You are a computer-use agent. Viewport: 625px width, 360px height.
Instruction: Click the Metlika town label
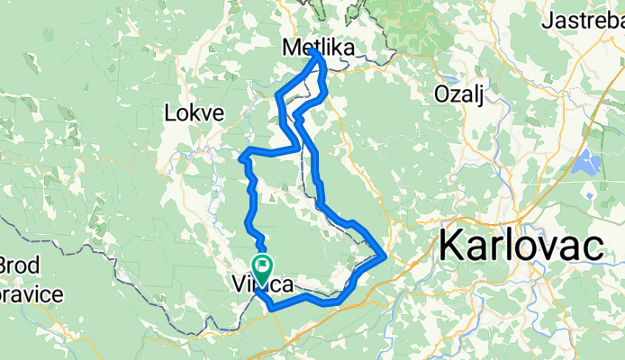point(318,47)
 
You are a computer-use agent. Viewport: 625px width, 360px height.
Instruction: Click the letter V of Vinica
point(238,285)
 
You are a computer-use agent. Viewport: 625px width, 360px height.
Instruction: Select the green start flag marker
point(264,266)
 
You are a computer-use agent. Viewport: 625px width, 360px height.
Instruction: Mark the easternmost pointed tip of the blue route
point(386,256)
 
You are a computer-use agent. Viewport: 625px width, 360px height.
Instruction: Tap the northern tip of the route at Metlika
point(315,51)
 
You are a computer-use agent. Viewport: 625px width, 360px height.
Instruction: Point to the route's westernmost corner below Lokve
point(241,158)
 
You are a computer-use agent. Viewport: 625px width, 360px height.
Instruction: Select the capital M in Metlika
point(291,47)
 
